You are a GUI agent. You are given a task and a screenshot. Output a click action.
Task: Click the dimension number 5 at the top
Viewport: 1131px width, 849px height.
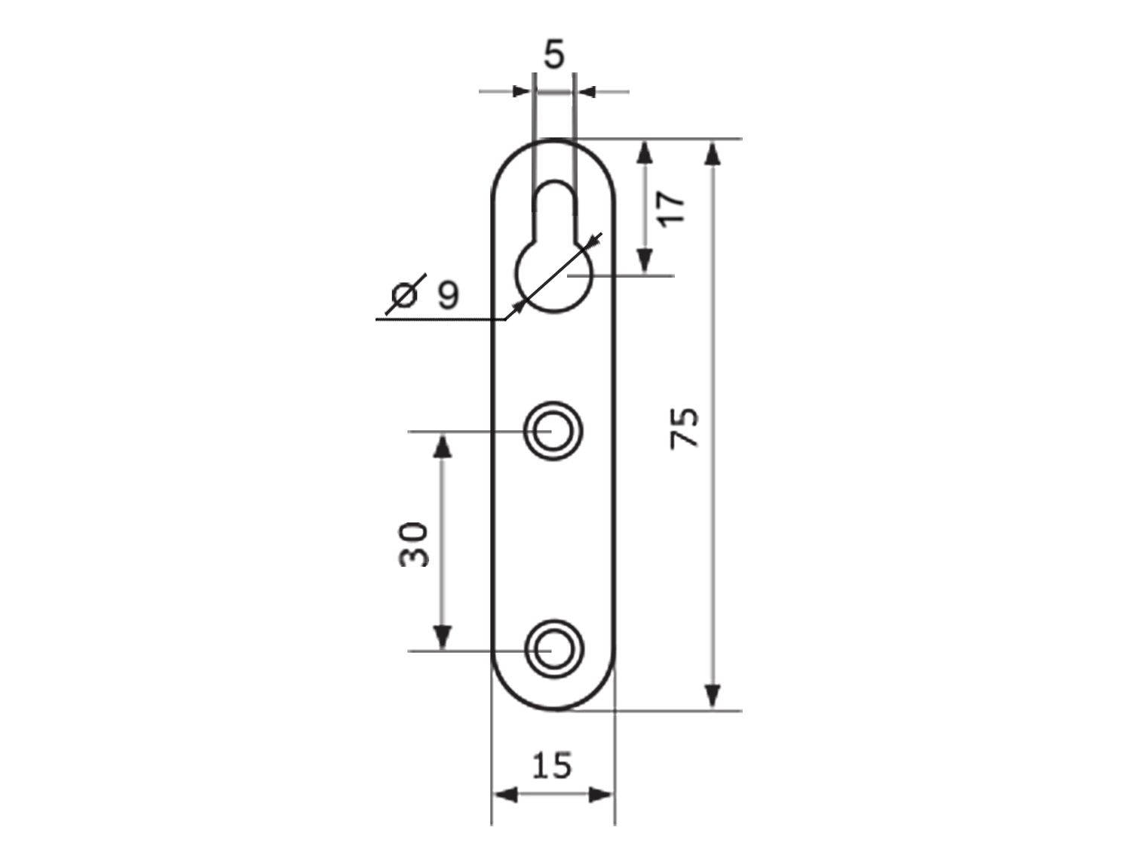pyautogui.click(x=554, y=54)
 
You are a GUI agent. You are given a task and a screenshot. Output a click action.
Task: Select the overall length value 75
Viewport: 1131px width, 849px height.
pyautogui.click(x=685, y=428)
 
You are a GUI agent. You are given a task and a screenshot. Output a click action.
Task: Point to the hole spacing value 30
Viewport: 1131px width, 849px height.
pyautogui.click(x=414, y=544)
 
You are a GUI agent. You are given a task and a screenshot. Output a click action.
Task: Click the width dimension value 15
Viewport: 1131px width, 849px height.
pyautogui.click(x=552, y=765)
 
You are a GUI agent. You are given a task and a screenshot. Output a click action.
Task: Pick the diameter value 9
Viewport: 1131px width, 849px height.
pyautogui.click(x=448, y=295)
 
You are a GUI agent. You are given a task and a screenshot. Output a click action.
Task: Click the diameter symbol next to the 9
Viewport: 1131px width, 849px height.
pyautogui.click(x=406, y=294)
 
